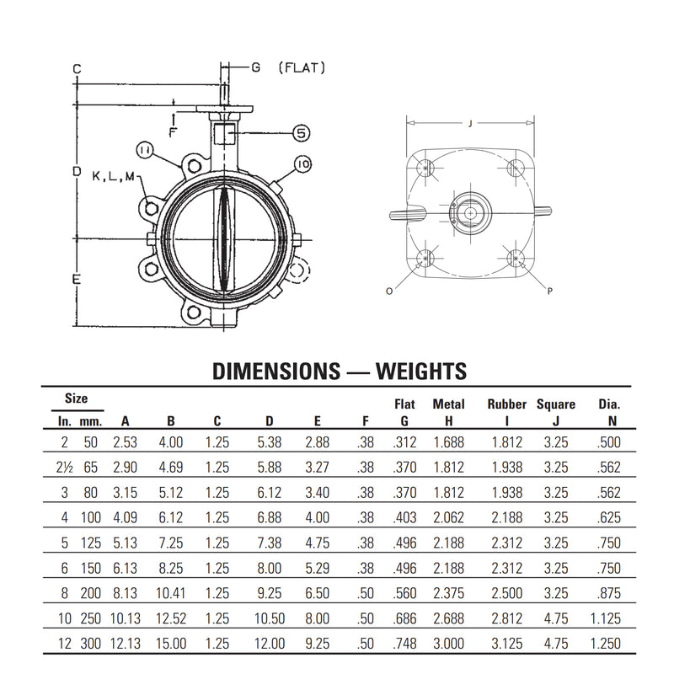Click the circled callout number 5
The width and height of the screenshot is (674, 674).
[x=302, y=133]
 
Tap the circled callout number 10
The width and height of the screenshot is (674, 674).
[x=303, y=163]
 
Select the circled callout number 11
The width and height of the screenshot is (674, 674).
[x=144, y=150]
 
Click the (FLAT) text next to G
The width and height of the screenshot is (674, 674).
[x=302, y=68]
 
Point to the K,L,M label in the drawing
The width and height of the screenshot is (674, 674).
[x=114, y=176]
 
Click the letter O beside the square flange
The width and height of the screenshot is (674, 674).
[x=389, y=292]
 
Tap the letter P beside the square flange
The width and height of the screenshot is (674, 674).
[x=550, y=292]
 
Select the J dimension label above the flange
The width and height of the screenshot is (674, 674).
[x=470, y=124]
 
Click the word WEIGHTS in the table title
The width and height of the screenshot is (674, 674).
[x=421, y=372]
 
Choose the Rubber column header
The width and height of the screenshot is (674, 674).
[x=507, y=404]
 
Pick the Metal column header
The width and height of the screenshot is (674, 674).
[x=448, y=404]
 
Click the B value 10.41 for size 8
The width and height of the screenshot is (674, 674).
[x=171, y=593]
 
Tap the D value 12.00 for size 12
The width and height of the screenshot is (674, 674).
[x=270, y=644]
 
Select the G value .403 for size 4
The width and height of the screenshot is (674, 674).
[x=404, y=517]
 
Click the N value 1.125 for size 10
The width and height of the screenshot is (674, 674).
[x=606, y=618]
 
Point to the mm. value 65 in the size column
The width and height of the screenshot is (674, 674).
[x=91, y=468]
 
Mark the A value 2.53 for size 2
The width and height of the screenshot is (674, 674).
[x=125, y=442]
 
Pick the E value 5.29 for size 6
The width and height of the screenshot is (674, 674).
[x=318, y=568]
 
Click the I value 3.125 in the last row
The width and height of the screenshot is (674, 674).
[x=507, y=644]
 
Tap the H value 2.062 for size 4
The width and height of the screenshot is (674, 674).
[x=449, y=517]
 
